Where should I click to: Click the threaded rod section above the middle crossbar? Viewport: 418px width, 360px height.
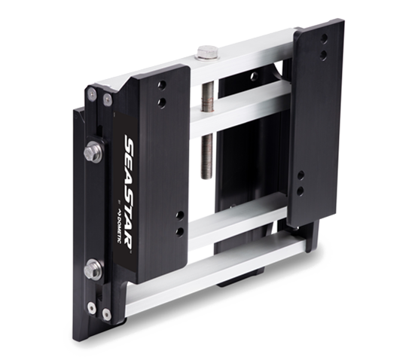tap(208, 97)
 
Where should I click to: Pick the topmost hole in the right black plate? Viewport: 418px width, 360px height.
tap(324, 38)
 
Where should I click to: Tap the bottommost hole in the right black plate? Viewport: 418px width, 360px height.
tap(301, 191)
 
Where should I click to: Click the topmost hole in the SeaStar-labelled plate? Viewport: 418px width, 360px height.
tap(162, 85)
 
